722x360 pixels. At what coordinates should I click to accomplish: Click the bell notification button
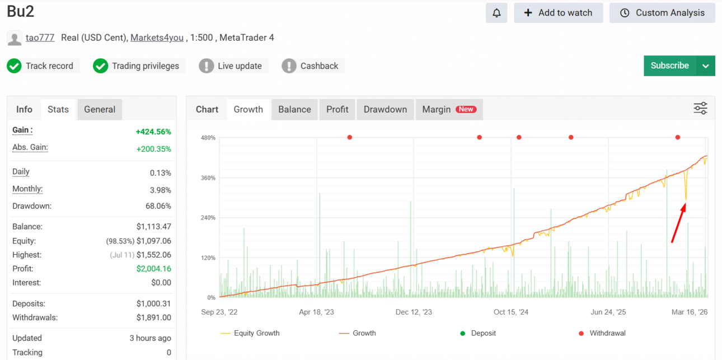click(x=496, y=13)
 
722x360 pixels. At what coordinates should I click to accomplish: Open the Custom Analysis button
click(x=662, y=13)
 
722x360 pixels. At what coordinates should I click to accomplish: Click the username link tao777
click(x=40, y=38)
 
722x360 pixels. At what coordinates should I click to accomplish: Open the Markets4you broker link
click(x=157, y=38)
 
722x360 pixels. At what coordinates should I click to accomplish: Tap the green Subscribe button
click(x=670, y=66)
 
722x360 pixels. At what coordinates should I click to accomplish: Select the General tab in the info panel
click(x=100, y=110)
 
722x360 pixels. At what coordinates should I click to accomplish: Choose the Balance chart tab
click(x=294, y=110)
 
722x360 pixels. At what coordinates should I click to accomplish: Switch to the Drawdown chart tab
click(x=385, y=110)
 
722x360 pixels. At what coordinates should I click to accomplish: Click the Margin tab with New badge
click(x=449, y=110)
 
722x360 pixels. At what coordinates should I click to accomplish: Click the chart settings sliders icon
click(x=700, y=108)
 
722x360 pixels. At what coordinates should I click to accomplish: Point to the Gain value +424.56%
click(x=153, y=132)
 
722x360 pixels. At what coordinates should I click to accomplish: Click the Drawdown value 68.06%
click(x=158, y=206)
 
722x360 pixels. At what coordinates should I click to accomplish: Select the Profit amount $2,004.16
click(x=154, y=269)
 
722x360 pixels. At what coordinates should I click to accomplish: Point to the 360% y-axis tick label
click(x=208, y=178)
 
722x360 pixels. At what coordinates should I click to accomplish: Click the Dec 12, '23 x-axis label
click(x=414, y=312)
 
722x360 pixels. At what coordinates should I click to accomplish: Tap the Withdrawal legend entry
click(x=602, y=333)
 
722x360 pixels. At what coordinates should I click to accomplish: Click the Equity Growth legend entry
click(x=250, y=333)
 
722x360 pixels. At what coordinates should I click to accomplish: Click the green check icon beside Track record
click(x=14, y=66)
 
